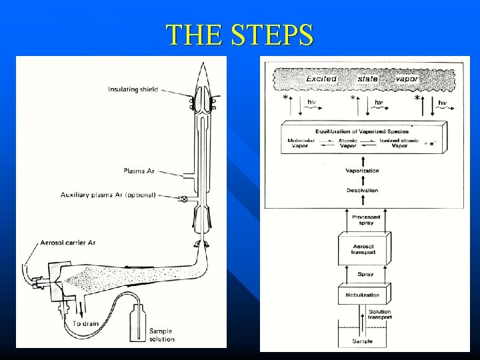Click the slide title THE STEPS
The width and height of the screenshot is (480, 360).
point(240,34)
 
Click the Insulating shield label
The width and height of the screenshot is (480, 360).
point(133,91)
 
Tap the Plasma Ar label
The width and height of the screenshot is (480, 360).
point(139,171)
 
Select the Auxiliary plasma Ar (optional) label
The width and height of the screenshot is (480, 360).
point(108,195)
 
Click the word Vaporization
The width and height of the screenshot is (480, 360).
point(362,171)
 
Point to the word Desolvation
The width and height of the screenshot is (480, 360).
point(362,191)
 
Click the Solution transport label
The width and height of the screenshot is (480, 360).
point(379,315)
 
